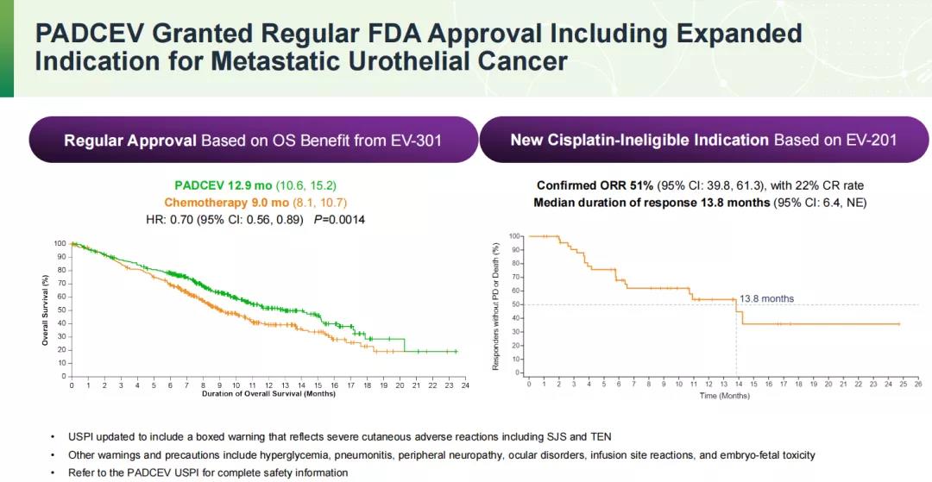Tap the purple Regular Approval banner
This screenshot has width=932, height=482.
[x=253, y=140]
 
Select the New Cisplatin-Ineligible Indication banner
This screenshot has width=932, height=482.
[x=704, y=140]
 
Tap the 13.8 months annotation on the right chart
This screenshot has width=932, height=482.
[x=767, y=298]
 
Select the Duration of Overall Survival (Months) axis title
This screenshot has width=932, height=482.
[x=268, y=394]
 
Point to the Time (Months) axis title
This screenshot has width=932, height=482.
[x=724, y=395]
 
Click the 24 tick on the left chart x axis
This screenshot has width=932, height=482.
[x=464, y=385]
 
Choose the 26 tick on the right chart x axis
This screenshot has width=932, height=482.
[x=917, y=384]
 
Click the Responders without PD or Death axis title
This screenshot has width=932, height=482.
[x=496, y=306]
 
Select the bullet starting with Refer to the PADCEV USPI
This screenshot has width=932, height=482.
[x=208, y=473]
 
